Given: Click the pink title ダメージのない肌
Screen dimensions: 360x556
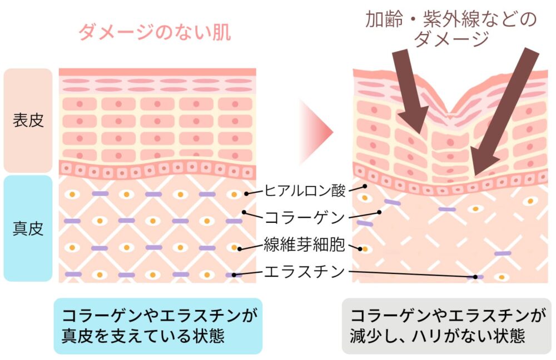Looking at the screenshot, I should pos(155,33).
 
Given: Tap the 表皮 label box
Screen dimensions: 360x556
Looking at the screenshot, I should pos(28,120).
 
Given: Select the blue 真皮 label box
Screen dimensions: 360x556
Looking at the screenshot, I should pos(28,228).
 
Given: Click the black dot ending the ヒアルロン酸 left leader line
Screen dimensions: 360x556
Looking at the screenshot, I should pos(246,194).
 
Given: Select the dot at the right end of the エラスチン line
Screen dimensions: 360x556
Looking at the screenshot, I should pos(475,276).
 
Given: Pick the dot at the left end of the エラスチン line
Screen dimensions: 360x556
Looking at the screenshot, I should pos(234,274).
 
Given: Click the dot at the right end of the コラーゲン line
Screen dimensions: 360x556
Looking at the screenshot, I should pos(379,212).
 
